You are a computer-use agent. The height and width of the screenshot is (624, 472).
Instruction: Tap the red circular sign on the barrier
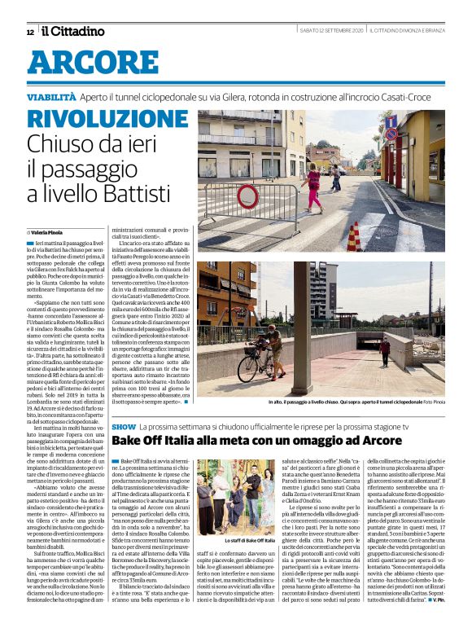[247, 197]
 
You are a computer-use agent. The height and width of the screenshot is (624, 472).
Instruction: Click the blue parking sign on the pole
[391, 122]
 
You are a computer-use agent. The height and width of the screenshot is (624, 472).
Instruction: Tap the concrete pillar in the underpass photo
[302, 326]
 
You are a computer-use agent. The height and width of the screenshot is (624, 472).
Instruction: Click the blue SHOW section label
[124, 427]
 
